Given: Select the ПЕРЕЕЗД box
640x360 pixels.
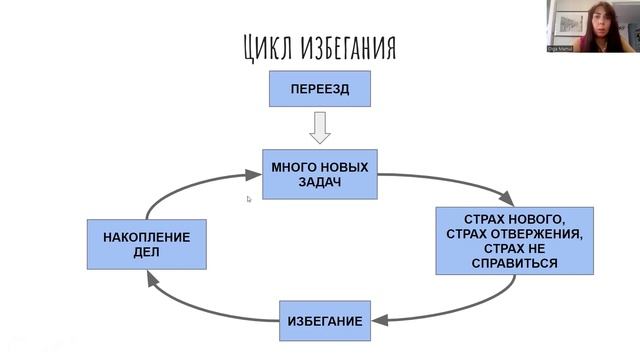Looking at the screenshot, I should coord(319,89).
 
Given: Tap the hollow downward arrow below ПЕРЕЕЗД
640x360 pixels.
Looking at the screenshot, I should coord(320,127).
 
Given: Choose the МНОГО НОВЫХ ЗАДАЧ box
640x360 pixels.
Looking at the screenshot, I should coord(320,174).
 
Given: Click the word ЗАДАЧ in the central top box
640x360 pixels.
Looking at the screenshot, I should coord(320,183).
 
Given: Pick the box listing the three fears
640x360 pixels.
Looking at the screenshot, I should coord(514,240).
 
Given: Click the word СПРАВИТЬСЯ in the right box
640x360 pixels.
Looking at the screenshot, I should coord(514,263).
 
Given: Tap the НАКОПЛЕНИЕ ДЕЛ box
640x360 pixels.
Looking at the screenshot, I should coord(146,245).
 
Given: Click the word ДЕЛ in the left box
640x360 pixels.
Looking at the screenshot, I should coord(146,253).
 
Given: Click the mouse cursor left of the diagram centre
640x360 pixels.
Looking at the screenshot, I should coord(249,199).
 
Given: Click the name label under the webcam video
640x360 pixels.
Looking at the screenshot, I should coord(560,48).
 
